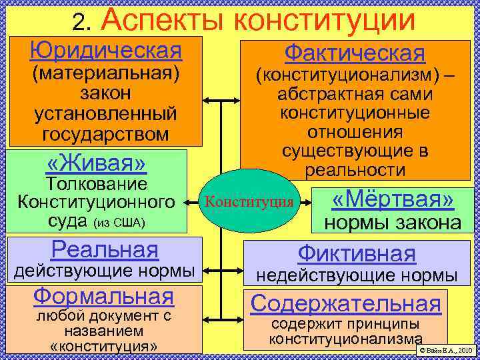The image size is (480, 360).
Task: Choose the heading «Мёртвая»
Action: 393,199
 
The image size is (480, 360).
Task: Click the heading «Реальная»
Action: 105,249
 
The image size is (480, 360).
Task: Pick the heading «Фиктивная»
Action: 356,253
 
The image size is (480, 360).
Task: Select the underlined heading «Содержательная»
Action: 345,303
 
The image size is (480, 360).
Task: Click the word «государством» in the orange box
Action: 105,134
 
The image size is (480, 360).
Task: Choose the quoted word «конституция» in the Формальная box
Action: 103,347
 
